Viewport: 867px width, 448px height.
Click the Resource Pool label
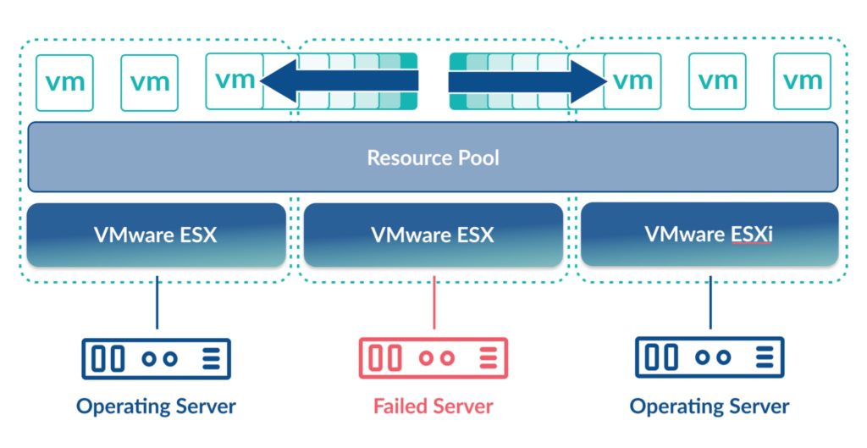433,158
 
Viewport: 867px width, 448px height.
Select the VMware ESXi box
709,235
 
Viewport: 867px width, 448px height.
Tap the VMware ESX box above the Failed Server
433,235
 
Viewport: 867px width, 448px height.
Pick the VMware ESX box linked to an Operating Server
155,235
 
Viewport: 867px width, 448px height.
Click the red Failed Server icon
433,358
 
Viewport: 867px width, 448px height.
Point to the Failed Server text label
433,407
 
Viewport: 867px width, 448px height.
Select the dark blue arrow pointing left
339,81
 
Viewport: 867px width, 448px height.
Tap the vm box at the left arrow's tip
235,81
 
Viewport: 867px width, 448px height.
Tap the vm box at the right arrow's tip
632,81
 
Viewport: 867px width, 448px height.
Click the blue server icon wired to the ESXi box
710,358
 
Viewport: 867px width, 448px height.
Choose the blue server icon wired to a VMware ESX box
156,358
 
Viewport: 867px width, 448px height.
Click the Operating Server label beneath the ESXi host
710,407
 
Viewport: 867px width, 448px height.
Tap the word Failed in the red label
400,407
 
